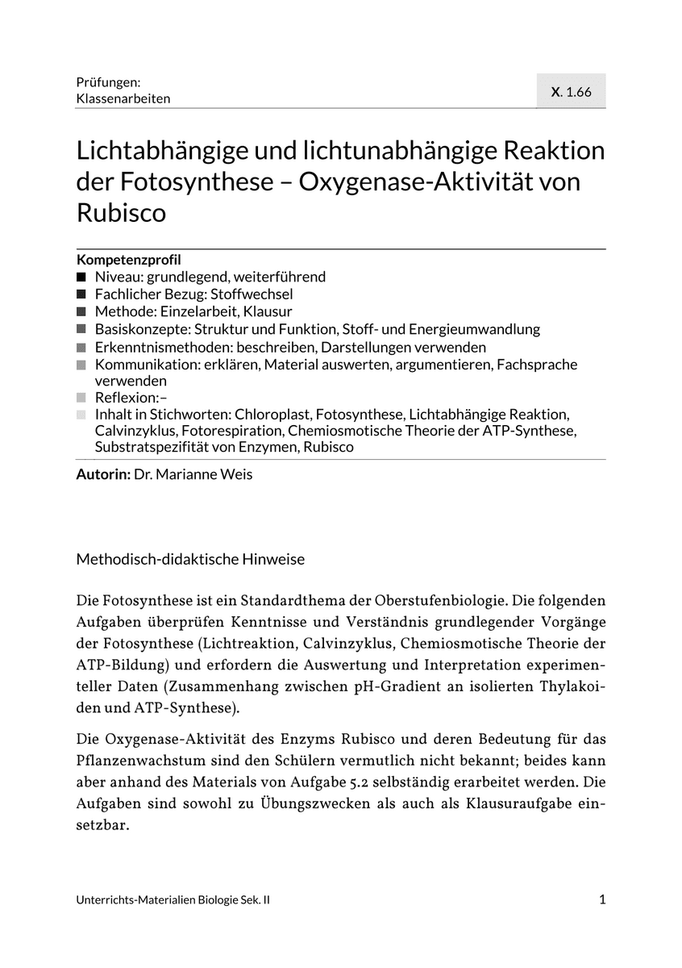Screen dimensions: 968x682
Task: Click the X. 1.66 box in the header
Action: tap(571, 91)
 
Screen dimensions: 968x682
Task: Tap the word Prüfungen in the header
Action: tap(109, 81)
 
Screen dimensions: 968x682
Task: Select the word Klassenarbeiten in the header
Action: tap(123, 98)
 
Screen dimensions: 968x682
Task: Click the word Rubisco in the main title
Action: tap(121, 213)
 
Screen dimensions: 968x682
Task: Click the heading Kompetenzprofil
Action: tap(128, 260)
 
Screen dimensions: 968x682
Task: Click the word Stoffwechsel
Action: tap(252, 294)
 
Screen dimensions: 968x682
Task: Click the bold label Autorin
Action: tap(102, 474)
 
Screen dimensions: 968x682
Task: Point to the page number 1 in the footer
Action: tap(602, 900)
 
